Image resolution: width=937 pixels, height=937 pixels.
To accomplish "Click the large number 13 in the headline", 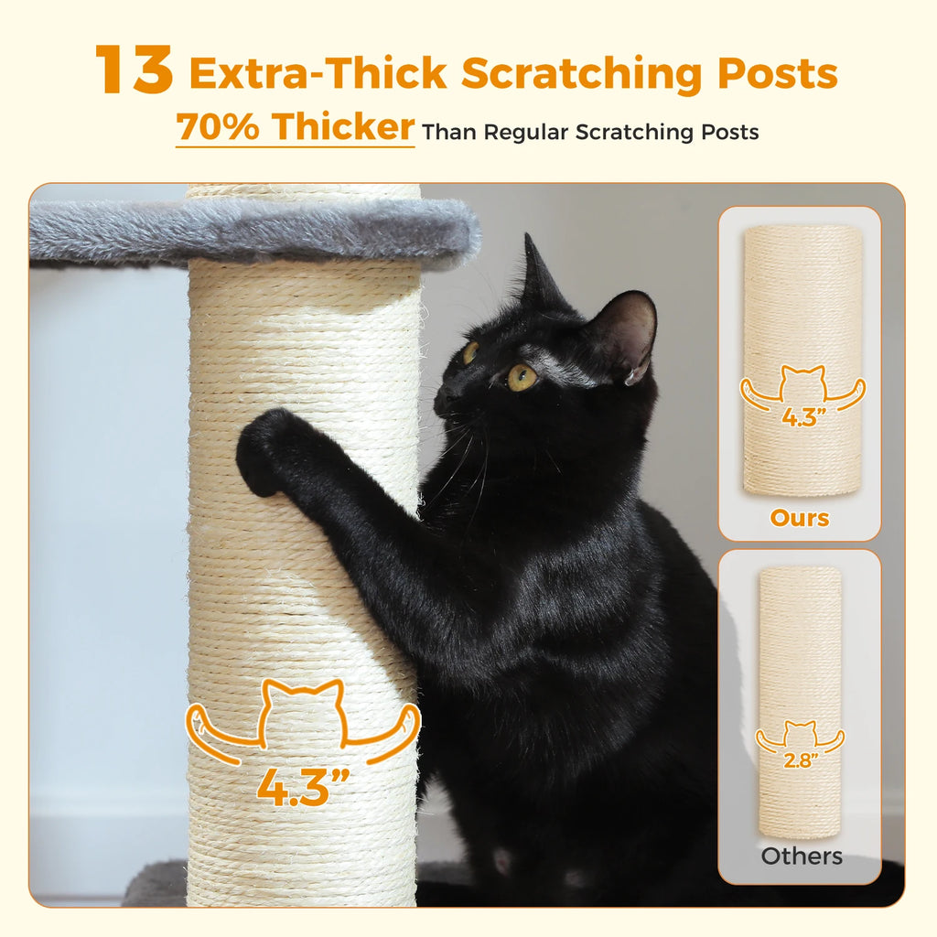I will pyautogui.click(x=134, y=70).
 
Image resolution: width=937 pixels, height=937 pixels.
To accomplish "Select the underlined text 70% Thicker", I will pyautogui.click(x=295, y=127).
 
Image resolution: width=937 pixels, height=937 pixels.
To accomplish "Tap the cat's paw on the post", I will pyautogui.click(x=267, y=450).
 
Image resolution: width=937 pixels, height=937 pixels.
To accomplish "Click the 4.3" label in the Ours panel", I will pyautogui.click(x=802, y=417).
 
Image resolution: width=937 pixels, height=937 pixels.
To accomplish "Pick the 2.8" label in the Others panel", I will pyautogui.click(x=801, y=759).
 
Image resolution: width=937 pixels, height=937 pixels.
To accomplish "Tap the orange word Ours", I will pyautogui.click(x=800, y=518).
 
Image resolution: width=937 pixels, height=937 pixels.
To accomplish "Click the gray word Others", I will pyautogui.click(x=802, y=857).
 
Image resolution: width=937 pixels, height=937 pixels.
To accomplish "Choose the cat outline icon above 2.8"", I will pyautogui.click(x=801, y=734).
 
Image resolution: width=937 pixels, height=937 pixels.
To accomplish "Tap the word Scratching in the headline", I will pyautogui.click(x=584, y=74).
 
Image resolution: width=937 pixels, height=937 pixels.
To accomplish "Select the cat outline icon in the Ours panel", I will pyautogui.click(x=802, y=384).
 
